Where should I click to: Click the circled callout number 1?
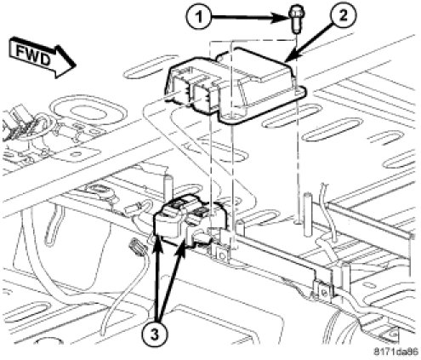(199, 17)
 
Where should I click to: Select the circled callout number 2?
(343, 16)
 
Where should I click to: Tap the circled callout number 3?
(155, 335)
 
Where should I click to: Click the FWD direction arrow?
(43, 57)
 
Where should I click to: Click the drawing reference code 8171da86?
(395, 352)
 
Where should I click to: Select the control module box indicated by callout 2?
(236, 85)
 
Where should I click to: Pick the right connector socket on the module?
(203, 93)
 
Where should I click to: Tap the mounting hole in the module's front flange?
(232, 116)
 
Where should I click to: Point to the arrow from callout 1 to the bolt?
(248, 18)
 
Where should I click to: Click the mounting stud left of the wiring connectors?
(168, 189)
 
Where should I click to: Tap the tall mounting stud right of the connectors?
(306, 214)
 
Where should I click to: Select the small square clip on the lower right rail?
(324, 291)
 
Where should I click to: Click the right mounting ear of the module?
(299, 91)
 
